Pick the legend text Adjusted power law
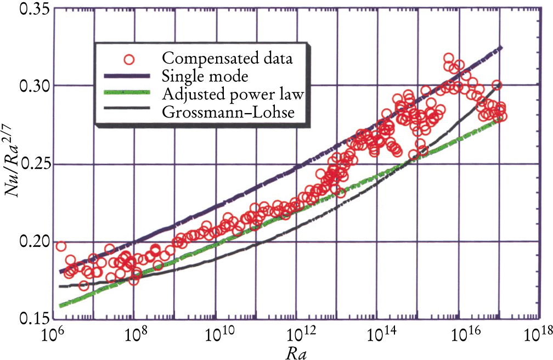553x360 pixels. coord(233,94)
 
